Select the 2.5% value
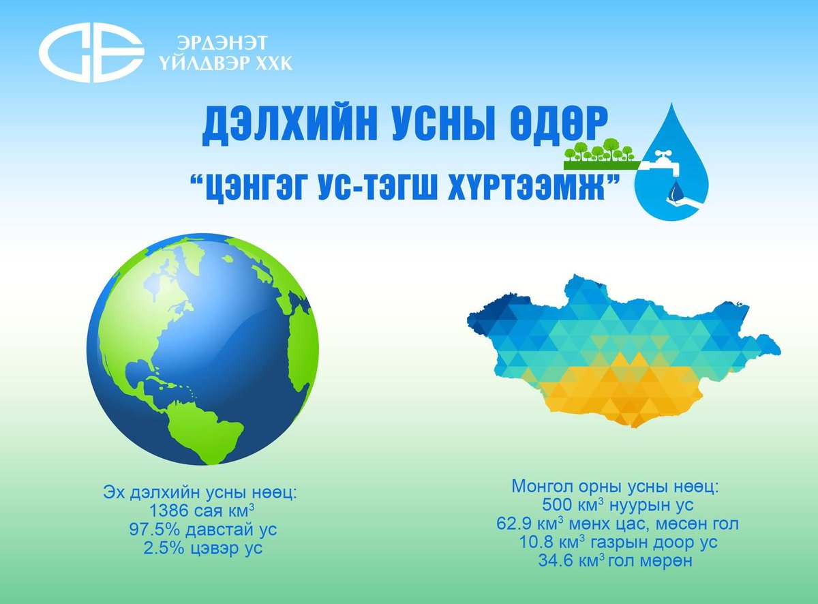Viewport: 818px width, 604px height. click(165, 548)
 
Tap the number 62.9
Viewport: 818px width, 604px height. click(517, 525)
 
